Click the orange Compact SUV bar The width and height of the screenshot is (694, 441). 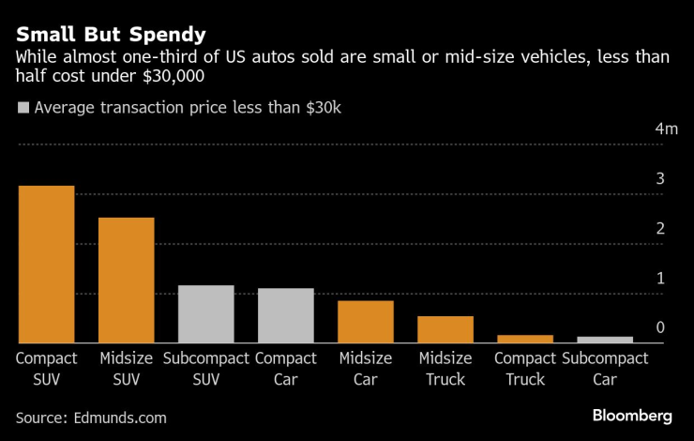point(47,265)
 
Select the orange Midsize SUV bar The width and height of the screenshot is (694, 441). point(127,281)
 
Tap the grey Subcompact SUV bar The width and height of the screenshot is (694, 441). point(206,314)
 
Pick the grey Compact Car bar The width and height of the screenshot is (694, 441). point(286,316)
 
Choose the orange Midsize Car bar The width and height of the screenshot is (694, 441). point(366,322)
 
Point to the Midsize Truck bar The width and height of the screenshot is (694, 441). point(445,329)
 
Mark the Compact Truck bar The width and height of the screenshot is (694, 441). point(525,339)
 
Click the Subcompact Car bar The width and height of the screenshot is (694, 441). point(605,340)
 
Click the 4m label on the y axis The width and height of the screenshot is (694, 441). point(666,129)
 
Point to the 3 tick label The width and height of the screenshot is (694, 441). point(660,178)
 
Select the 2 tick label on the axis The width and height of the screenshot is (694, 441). point(660,228)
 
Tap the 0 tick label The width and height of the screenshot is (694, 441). point(660,327)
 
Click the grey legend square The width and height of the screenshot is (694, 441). point(23,108)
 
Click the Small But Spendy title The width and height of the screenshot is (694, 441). point(111,36)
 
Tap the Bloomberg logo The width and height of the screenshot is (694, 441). point(632,415)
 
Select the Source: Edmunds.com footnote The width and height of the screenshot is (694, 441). point(91,416)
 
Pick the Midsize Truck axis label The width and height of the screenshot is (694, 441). point(445,369)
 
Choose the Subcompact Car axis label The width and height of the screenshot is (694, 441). point(605,369)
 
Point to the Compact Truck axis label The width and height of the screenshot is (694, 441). point(525,369)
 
